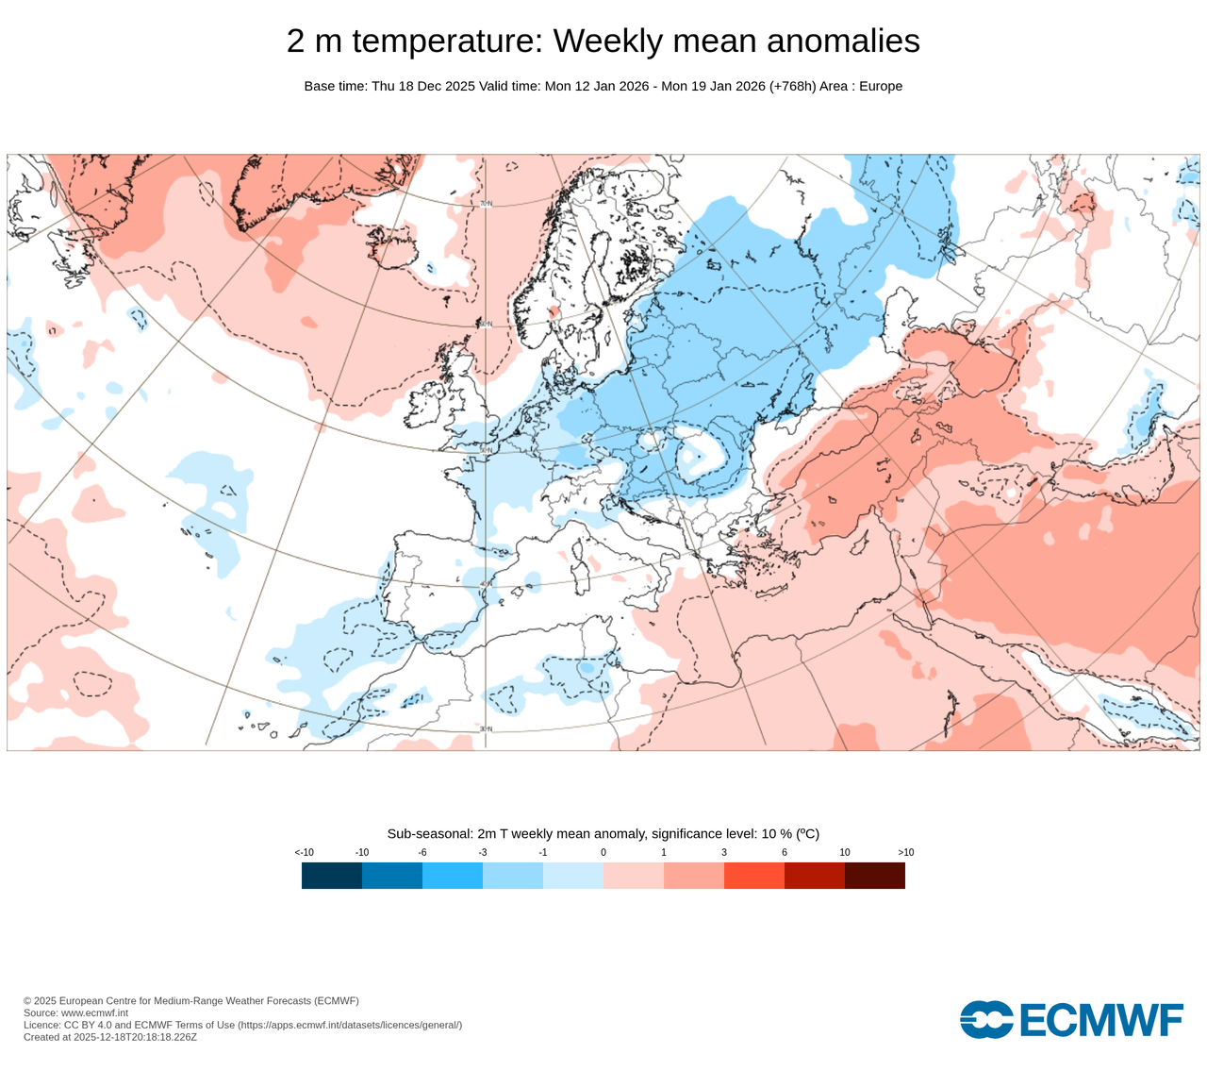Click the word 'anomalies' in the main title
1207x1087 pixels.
(843, 42)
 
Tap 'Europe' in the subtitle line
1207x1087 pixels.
(881, 86)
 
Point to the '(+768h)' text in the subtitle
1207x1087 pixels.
(792, 86)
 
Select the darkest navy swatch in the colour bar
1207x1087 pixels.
(332, 876)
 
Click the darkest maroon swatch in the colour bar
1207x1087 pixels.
(875, 876)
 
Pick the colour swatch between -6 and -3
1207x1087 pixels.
(453, 876)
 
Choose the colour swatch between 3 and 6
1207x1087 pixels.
(754, 876)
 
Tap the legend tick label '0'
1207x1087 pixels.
(603, 852)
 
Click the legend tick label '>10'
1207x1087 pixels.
(905, 852)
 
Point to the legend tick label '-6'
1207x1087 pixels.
(422, 852)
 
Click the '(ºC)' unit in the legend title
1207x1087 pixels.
(807, 834)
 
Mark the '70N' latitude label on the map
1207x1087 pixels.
(486, 204)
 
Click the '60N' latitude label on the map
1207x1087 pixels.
(486, 324)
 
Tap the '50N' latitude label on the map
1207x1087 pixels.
(486, 451)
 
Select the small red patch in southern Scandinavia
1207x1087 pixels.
(554, 310)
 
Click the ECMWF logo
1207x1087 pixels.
(1071, 1019)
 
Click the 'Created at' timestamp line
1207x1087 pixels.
(110, 1037)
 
